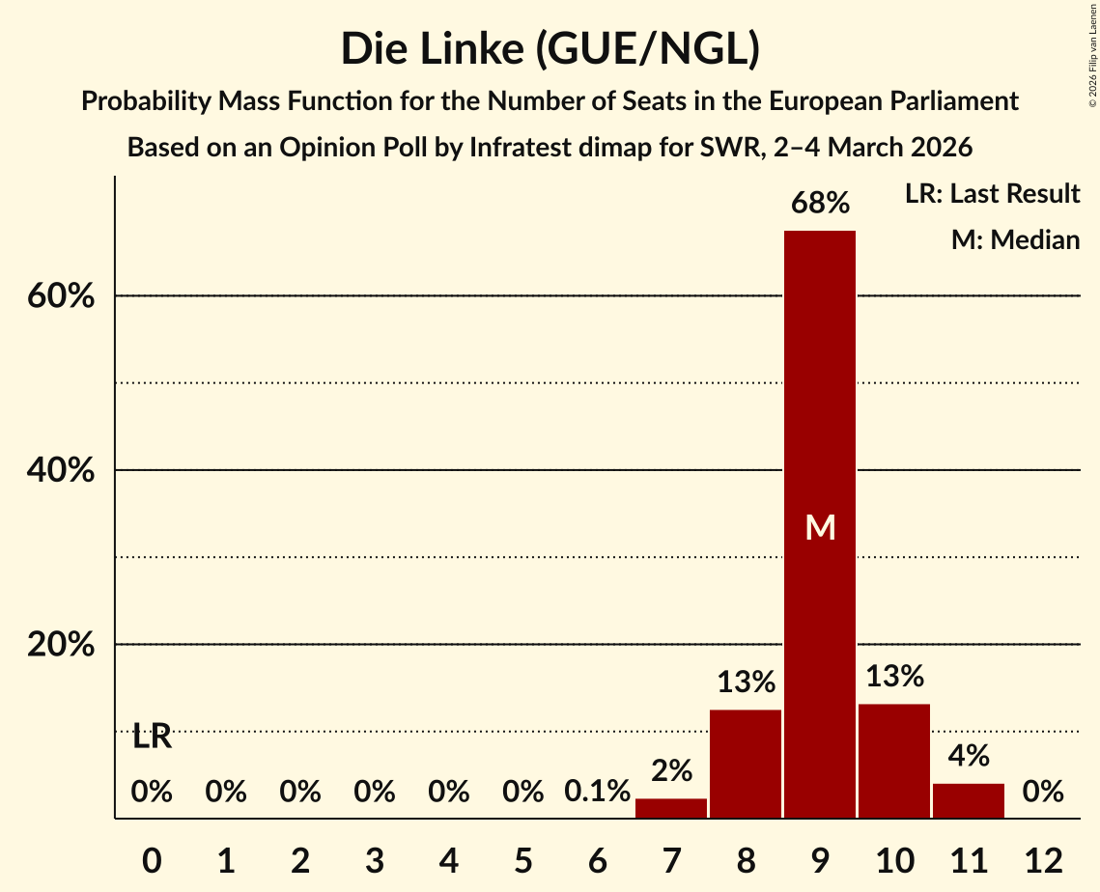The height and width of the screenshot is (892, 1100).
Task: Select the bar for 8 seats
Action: coord(746,764)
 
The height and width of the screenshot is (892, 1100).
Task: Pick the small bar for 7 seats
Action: coord(671,808)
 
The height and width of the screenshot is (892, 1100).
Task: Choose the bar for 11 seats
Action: coord(969,800)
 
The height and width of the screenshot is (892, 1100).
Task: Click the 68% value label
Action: coord(820,204)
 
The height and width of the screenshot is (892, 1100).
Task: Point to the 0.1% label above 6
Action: coord(597,793)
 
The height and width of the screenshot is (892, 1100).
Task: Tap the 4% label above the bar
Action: coord(969,756)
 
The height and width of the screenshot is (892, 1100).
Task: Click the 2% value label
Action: coord(671,771)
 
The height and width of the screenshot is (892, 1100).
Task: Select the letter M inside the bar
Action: coord(820,527)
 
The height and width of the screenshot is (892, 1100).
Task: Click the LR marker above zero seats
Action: coord(152,738)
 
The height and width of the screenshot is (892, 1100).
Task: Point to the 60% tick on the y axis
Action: coord(61,296)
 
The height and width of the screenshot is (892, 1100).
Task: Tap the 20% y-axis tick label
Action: coord(61,645)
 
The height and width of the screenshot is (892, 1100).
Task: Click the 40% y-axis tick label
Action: coord(61,471)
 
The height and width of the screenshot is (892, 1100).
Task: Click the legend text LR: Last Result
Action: coord(992,194)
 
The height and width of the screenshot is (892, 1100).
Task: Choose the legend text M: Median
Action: coord(1015,239)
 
